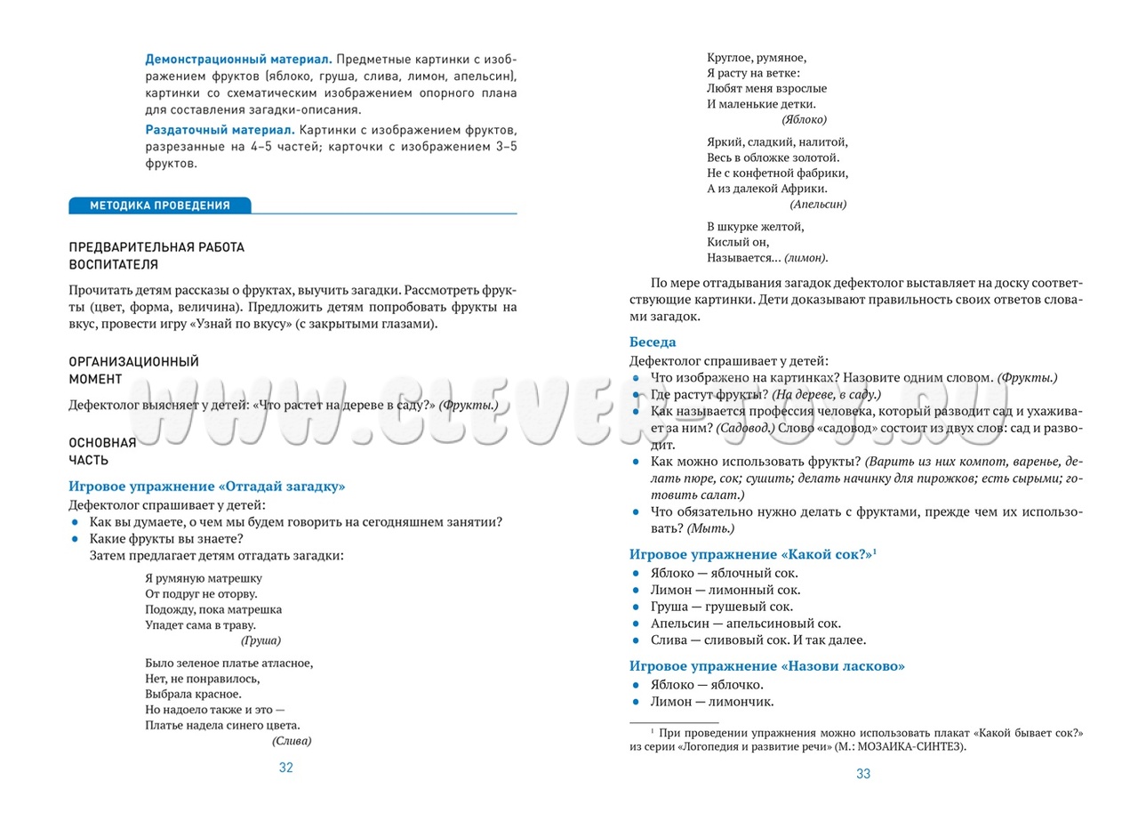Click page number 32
pyautogui.click(x=285, y=768)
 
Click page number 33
pyautogui.click(x=863, y=774)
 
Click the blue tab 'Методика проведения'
pyautogui.click(x=160, y=205)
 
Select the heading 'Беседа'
pyautogui.click(x=653, y=342)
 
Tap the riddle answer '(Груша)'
pyautogui.click(x=260, y=640)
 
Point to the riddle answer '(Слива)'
pyautogui.click(x=292, y=740)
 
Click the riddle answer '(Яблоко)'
pyautogui.click(x=804, y=119)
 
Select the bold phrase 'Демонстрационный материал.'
pyautogui.click(x=239, y=59)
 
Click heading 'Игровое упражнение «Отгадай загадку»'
pyautogui.click(x=206, y=487)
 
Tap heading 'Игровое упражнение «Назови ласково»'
pyautogui.click(x=766, y=666)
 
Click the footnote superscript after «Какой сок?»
pyautogui.click(x=875, y=551)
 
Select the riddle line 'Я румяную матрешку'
pyautogui.click(x=203, y=578)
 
